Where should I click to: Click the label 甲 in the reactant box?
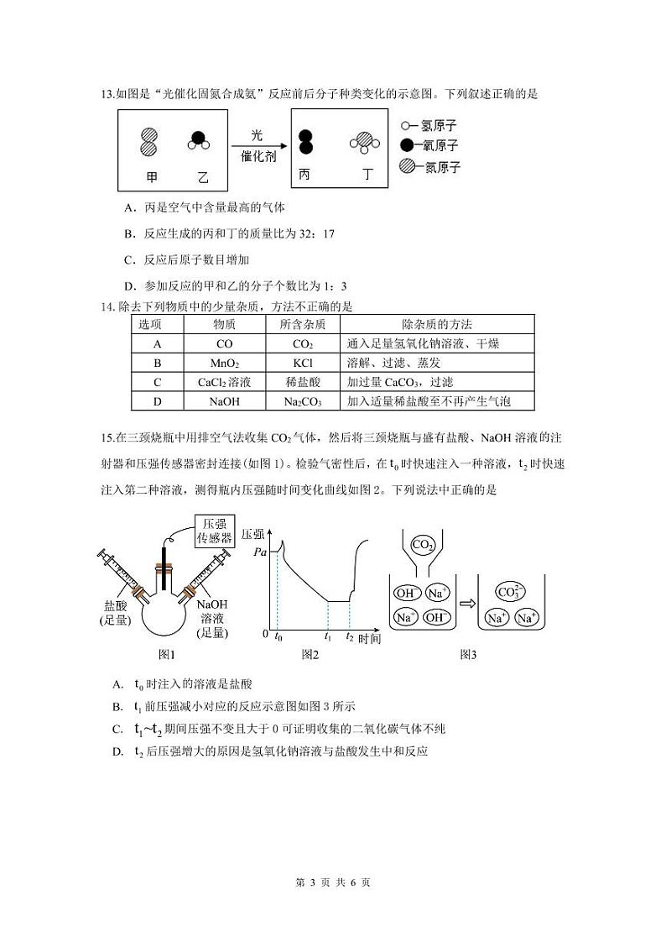click(x=152, y=177)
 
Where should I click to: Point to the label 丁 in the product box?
click(x=367, y=175)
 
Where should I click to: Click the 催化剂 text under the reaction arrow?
click(x=259, y=156)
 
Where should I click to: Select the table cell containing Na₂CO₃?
click(x=302, y=401)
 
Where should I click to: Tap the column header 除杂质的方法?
click(x=437, y=324)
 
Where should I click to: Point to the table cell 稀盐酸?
click(x=302, y=382)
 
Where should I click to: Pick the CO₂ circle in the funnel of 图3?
click(x=423, y=546)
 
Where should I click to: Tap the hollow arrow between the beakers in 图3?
click(x=466, y=603)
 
